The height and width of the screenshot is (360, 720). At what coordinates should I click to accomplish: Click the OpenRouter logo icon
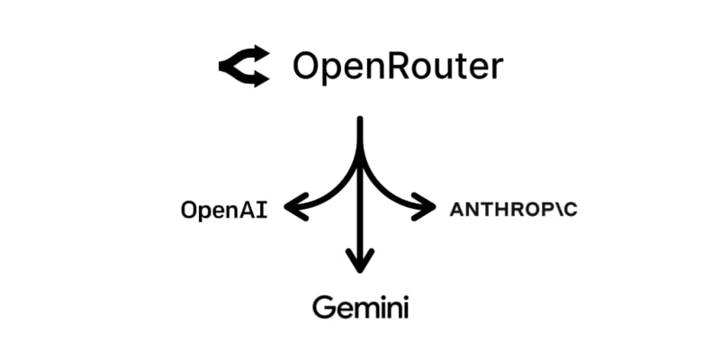[244, 67]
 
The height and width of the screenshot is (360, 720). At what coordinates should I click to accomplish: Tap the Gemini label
[361, 308]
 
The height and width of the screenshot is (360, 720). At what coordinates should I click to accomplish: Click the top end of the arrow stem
[361, 120]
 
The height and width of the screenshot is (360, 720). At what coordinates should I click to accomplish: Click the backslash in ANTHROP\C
[555, 211]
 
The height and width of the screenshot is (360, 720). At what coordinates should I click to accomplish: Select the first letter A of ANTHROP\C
[455, 211]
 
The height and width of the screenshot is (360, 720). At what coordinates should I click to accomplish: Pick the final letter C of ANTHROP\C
[570, 211]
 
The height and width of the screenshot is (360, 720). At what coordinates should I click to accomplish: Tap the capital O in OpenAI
[188, 211]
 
